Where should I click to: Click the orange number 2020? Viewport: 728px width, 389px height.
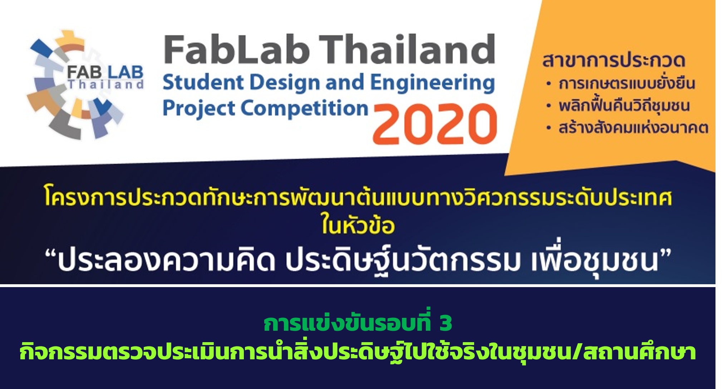(435, 123)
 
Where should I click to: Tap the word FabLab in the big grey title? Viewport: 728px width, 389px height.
(236, 50)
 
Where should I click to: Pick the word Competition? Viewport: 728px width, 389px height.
(304, 108)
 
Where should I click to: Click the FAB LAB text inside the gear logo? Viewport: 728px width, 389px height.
(105, 73)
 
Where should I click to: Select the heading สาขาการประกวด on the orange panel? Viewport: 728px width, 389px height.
(614, 60)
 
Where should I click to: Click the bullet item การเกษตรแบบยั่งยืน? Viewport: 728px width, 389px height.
(627, 83)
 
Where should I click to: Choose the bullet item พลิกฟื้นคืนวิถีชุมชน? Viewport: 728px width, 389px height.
(624, 105)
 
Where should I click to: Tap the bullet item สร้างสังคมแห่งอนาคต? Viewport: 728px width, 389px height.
(633, 128)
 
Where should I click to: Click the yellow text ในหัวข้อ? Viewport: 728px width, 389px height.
(358, 224)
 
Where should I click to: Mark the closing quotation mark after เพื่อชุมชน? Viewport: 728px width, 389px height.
(665, 255)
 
